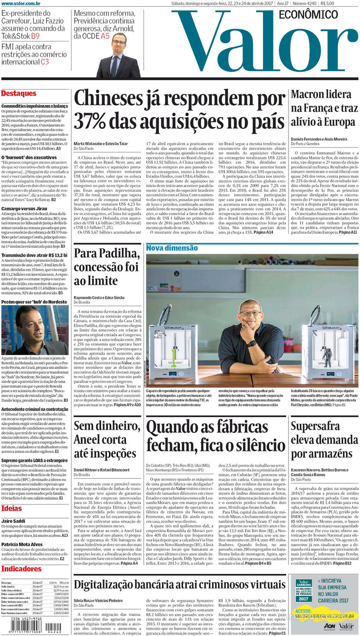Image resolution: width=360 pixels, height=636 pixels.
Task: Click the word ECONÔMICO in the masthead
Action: click(x=308, y=15)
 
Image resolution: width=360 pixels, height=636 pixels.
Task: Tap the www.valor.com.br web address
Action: click(x=21, y=4)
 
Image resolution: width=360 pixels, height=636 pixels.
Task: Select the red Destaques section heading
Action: click(x=19, y=94)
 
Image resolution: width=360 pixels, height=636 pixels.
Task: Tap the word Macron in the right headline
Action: click(x=309, y=95)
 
